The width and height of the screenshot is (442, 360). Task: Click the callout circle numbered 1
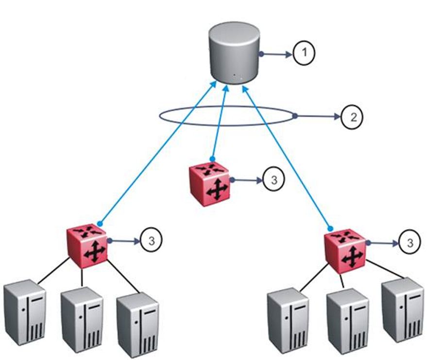305,53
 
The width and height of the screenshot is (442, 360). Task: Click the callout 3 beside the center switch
273,180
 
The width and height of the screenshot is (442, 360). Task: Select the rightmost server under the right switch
403,308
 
